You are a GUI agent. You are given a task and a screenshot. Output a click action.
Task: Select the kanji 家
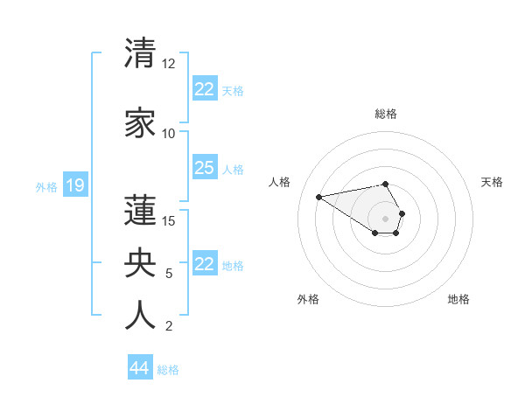tap(140, 124)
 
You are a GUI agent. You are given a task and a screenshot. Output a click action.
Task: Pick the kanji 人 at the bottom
tap(140, 315)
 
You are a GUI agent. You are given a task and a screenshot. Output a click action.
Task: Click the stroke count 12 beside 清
tap(168, 64)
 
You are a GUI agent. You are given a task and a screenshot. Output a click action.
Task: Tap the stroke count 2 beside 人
tap(169, 326)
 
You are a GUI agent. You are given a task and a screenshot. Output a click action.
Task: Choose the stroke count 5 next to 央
tap(169, 274)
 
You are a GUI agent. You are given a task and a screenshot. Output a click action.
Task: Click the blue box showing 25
tap(204, 168)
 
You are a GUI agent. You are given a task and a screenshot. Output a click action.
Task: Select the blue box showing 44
tap(140, 368)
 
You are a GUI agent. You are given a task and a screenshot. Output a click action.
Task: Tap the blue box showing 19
tap(74, 185)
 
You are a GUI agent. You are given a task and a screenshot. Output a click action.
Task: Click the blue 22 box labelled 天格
tap(204, 89)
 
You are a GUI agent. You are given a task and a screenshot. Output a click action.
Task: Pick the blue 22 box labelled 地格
tap(204, 264)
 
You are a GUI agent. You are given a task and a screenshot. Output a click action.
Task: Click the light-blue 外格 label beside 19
tap(46, 186)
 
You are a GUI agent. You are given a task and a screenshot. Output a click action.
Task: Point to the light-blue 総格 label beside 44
tap(168, 369)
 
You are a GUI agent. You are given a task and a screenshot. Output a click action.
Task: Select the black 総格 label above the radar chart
tap(385, 114)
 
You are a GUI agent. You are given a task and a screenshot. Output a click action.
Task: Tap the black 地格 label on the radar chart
tap(458, 299)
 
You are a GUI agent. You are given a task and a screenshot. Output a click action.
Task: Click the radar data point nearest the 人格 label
tap(318, 196)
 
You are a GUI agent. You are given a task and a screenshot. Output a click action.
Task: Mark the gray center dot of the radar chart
tap(385, 218)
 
